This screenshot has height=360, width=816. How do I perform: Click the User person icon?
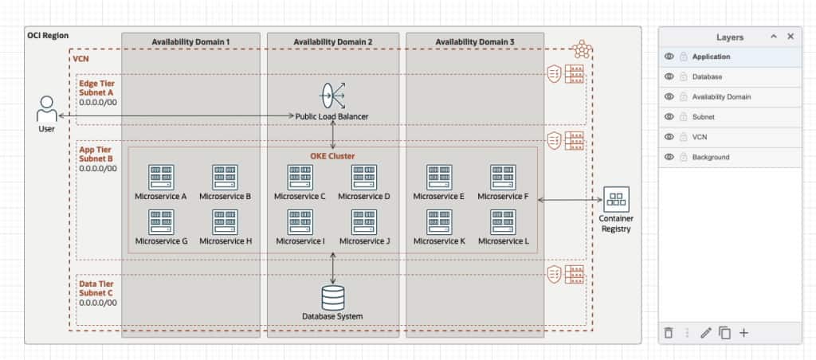pyautogui.click(x=46, y=108)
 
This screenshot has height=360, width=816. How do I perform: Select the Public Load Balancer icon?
pyautogui.click(x=332, y=96)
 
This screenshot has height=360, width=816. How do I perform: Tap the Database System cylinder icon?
pyautogui.click(x=332, y=297)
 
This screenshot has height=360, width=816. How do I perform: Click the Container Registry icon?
pyautogui.click(x=616, y=199)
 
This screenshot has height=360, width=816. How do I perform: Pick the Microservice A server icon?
pyautogui.click(x=161, y=177)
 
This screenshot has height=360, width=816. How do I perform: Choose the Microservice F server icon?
pyautogui.click(x=503, y=177)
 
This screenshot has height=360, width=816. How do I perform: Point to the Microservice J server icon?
pyautogui.click(x=364, y=222)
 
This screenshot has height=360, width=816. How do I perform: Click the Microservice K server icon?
pyautogui.click(x=439, y=222)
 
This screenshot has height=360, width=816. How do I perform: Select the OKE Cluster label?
pyautogui.click(x=332, y=156)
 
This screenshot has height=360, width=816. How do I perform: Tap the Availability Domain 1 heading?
pyautogui.click(x=190, y=41)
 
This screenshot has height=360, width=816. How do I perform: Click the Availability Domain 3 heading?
pyautogui.click(x=474, y=41)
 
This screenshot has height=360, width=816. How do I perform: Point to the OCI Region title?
pyautogui.click(x=48, y=36)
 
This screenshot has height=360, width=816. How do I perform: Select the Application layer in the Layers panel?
pyautogui.click(x=712, y=57)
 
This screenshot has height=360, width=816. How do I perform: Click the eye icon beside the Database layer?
pyautogui.click(x=669, y=77)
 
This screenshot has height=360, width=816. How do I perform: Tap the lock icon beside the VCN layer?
pyautogui.click(x=683, y=137)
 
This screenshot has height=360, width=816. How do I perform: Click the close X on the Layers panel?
pyautogui.click(x=790, y=37)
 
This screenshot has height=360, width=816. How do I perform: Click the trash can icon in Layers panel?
pyautogui.click(x=669, y=333)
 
